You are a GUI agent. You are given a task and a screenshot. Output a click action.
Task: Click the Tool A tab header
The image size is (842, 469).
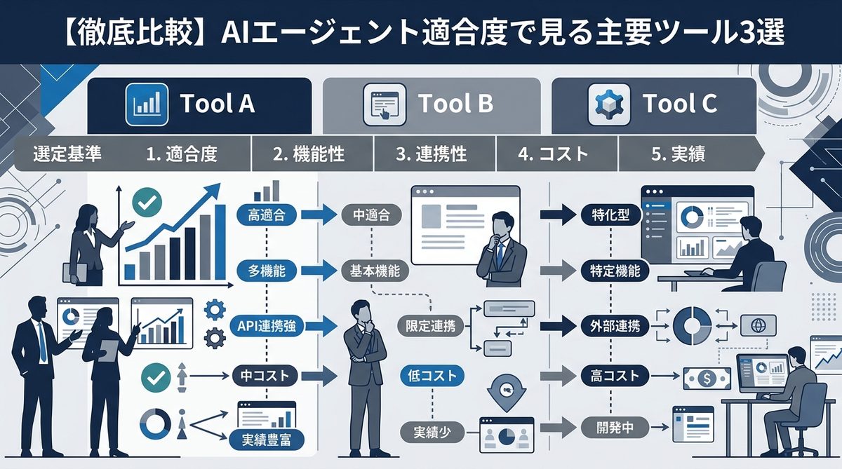[x=199, y=104]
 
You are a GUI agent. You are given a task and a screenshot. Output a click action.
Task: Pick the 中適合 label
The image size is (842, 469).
[x=370, y=215]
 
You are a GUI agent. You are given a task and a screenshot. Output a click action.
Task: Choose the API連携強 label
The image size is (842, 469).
[x=267, y=325]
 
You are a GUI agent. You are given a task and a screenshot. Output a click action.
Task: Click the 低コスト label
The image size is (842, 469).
[x=432, y=376]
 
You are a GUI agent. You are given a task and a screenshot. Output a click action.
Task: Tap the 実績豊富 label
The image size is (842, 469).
[x=266, y=440]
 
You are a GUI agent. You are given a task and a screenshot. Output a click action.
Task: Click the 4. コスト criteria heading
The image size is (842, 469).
[x=554, y=154]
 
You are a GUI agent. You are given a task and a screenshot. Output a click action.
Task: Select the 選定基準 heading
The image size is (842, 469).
[x=67, y=154]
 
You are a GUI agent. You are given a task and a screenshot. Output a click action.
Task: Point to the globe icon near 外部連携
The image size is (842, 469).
[x=757, y=325]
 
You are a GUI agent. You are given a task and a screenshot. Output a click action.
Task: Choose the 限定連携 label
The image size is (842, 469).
[x=430, y=325]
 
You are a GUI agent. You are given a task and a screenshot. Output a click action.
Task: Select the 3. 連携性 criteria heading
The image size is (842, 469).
[x=431, y=154]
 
